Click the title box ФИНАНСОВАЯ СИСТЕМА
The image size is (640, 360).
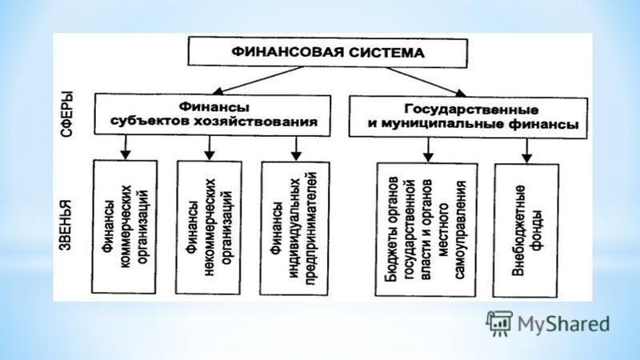coord(327,52)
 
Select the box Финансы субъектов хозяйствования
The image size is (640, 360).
coord(212,115)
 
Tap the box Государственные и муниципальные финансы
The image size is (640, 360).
coord(468,117)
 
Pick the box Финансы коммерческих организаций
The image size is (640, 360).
coord(124,226)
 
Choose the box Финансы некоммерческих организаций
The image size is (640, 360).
coord(208,227)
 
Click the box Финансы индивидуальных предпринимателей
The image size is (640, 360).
coord(294,229)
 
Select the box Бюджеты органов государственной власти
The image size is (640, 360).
coord(426,230)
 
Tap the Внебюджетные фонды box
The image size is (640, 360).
coord(526,230)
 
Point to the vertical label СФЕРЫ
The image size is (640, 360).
coord(66,114)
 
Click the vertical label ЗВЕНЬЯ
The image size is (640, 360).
coord(66,225)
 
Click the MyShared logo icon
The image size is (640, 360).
coord(498,323)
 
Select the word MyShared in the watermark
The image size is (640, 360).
coord(564,324)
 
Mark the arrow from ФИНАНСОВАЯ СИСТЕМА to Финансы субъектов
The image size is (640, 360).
coord(258,81)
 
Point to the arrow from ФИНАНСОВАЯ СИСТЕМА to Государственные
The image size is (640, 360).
coord(426,82)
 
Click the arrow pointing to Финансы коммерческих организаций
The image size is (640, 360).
coord(126,147)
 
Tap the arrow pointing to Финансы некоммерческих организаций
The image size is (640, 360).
coord(210,148)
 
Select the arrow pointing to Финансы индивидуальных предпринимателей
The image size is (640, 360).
coord(296,149)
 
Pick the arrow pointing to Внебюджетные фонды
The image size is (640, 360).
coord(527,151)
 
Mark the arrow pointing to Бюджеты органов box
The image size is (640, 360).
coord(428,150)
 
